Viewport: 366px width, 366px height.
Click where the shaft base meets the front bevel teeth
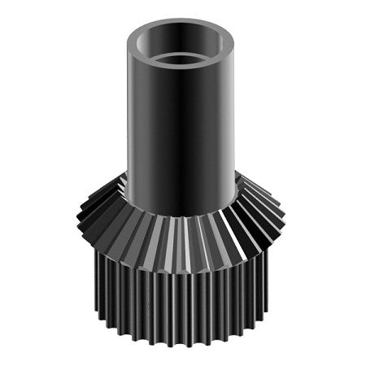tap(182, 216)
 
